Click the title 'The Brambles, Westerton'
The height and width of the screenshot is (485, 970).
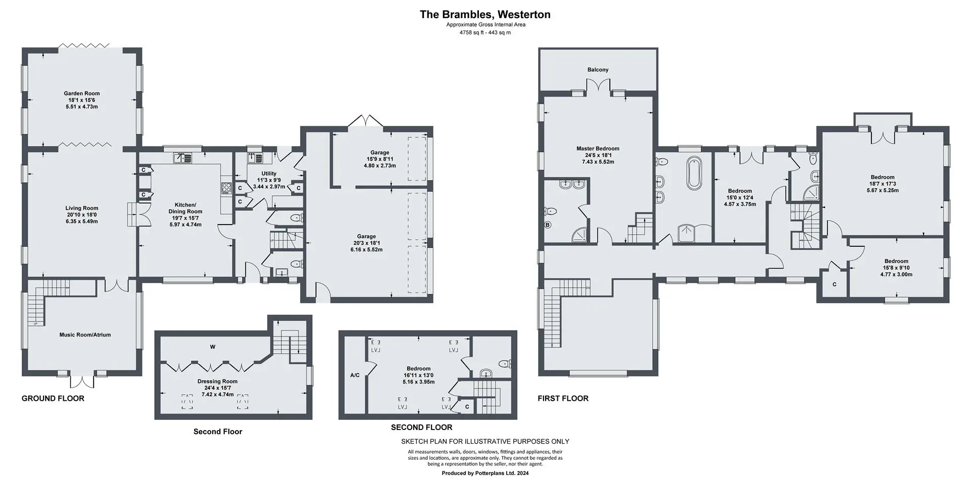pos(485,15)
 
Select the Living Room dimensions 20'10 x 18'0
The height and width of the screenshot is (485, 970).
pos(82,214)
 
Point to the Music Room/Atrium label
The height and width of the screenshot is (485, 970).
pos(85,335)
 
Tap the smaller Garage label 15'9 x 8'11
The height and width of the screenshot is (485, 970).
pos(380,159)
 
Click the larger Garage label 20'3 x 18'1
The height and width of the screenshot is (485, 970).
pos(366,243)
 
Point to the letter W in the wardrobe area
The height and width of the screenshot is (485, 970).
pos(213,347)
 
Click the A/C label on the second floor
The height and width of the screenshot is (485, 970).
pos(355,375)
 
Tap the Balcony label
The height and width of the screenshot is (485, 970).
pos(598,70)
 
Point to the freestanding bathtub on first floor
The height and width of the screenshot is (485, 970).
pos(694,173)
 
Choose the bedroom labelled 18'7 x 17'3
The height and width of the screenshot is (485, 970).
pos(882,184)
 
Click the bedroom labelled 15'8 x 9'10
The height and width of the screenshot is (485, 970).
pos(896,268)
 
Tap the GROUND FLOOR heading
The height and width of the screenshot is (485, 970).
pos(53,398)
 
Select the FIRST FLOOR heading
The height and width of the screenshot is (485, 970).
pos(563,398)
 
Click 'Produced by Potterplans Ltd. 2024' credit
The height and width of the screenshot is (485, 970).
pos(485,473)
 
